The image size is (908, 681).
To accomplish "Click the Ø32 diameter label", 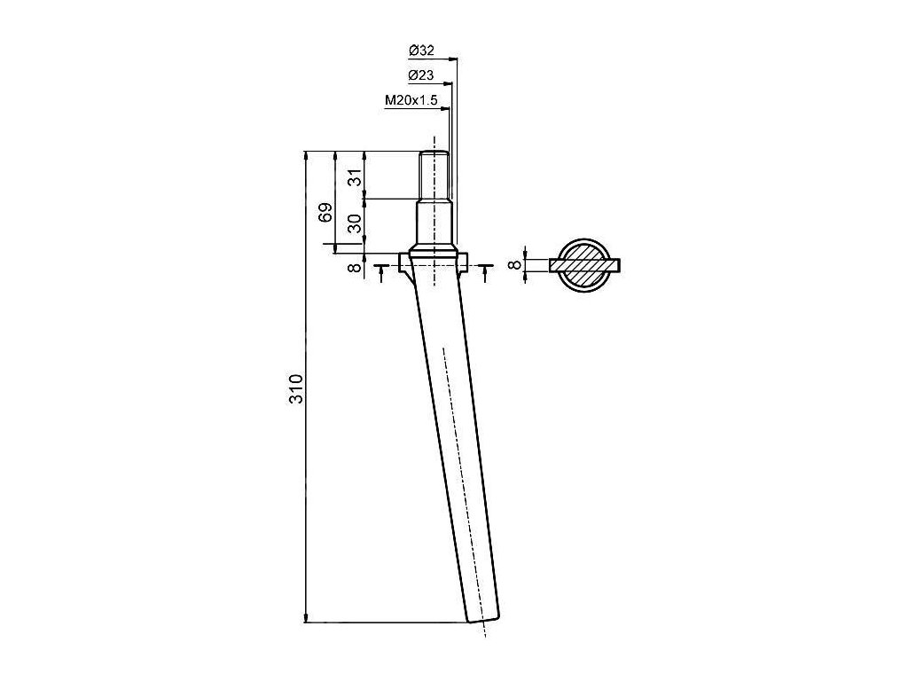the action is [x=421, y=51].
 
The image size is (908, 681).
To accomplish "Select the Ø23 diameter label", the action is [x=421, y=75].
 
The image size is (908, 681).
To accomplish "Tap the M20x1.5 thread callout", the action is [x=411, y=101].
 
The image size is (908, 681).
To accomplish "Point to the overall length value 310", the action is [x=296, y=388].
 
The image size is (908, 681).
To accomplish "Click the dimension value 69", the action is [x=326, y=213].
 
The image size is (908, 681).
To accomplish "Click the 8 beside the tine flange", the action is [x=356, y=267].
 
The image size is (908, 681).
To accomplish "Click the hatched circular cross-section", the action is [x=584, y=265].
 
